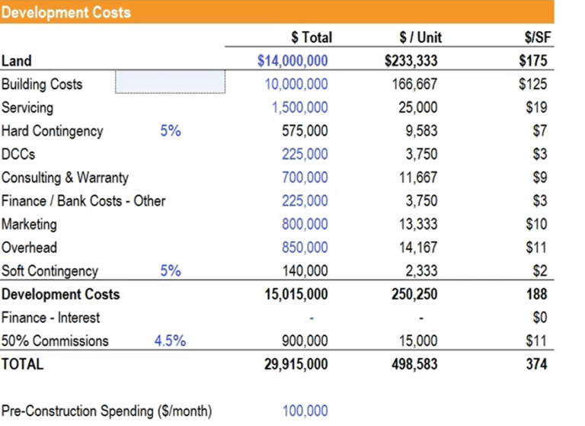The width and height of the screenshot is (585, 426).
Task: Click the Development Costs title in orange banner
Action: click(x=66, y=12)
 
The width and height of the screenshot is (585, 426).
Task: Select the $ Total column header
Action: click(x=312, y=37)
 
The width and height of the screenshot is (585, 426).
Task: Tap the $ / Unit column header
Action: click(x=420, y=37)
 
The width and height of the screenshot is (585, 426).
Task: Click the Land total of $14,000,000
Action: click(x=292, y=61)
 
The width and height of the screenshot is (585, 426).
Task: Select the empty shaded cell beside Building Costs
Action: click(x=170, y=82)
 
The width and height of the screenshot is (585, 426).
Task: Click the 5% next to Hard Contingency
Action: click(x=170, y=131)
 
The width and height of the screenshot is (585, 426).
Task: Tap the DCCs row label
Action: click(x=18, y=154)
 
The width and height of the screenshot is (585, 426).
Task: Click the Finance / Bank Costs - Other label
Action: click(x=83, y=201)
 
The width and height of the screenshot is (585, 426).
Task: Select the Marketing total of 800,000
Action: click(x=305, y=224)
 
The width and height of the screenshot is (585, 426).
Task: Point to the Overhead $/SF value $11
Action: click(x=536, y=248)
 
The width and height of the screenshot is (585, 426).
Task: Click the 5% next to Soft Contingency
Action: click(x=170, y=271)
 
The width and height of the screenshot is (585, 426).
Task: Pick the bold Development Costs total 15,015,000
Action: click(x=296, y=294)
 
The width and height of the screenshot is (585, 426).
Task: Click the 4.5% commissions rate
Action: click(x=170, y=341)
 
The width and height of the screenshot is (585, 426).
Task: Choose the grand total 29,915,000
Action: click(x=296, y=364)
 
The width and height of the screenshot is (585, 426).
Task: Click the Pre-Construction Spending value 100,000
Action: click(x=305, y=411)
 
